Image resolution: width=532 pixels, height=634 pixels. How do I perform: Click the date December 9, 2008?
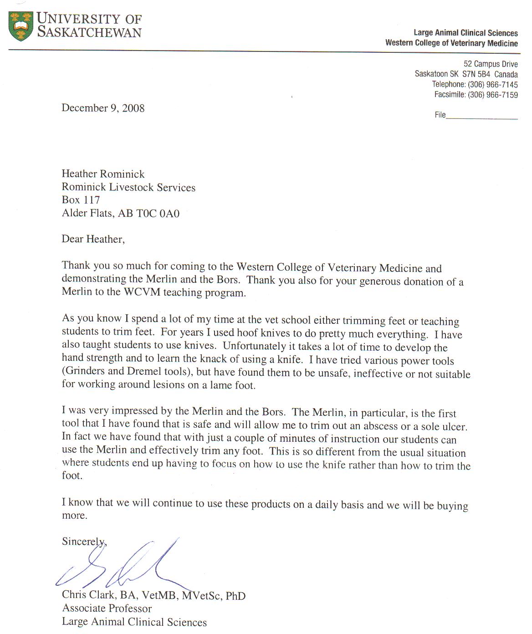coord(103,108)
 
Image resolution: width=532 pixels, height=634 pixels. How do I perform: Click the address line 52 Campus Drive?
coord(491,64)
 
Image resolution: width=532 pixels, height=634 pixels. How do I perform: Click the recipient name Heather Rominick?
coord(103,174)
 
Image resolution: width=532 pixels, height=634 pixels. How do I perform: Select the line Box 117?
coord(81,199)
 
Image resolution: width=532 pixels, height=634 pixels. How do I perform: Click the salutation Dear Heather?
coord(93,239)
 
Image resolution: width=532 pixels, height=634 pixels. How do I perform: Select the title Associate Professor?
coord(107,608)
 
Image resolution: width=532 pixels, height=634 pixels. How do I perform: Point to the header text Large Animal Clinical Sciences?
coord(465,33)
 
